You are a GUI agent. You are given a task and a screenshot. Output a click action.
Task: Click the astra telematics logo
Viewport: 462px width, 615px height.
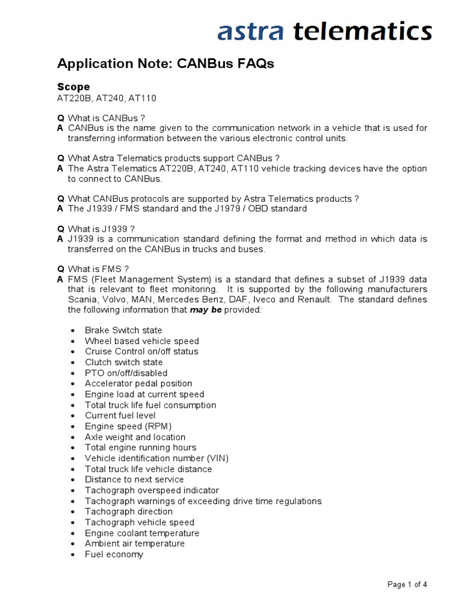[x=324, y=31]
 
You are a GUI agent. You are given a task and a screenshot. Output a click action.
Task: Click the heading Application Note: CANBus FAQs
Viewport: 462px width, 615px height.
[x=165, y=64]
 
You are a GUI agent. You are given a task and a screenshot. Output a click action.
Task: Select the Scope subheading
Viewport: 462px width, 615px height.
[x=73, y=86]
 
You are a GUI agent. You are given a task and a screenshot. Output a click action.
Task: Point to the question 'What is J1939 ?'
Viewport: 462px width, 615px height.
[x=101, y=228]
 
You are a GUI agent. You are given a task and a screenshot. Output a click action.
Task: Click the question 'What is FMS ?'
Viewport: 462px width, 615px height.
[x=98, y=268]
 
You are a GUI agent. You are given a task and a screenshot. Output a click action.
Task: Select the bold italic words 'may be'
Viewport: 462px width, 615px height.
[x=206, y=310]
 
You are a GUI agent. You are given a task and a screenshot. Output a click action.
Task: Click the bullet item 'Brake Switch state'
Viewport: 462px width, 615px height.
[x=123, y=330]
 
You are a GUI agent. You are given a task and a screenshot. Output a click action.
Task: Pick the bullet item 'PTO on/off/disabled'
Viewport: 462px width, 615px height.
[x=126, y=373]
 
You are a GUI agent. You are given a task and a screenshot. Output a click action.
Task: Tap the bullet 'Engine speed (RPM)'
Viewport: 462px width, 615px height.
[x=124, y=426]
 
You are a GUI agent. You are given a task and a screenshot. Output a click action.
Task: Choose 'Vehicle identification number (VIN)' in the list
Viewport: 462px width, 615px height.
[x=156, y=458]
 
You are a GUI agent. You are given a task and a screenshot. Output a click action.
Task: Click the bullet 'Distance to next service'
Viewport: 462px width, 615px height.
[x=134, y=479]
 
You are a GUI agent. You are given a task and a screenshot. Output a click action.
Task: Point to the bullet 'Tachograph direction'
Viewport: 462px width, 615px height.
[x=129, y=512]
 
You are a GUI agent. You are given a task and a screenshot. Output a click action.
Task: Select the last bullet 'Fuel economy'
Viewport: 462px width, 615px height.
[x=114, y=554]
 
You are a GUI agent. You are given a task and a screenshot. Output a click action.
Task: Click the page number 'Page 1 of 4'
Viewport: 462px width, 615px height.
[x=407, y=585]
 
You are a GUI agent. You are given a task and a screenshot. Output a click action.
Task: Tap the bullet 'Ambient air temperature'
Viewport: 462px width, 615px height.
[x=135, y=544]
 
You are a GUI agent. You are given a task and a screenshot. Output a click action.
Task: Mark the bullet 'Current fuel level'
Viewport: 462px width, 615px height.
[x=120, y=416]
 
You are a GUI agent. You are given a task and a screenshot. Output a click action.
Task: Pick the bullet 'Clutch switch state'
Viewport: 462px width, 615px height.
[x=123, y=362]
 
